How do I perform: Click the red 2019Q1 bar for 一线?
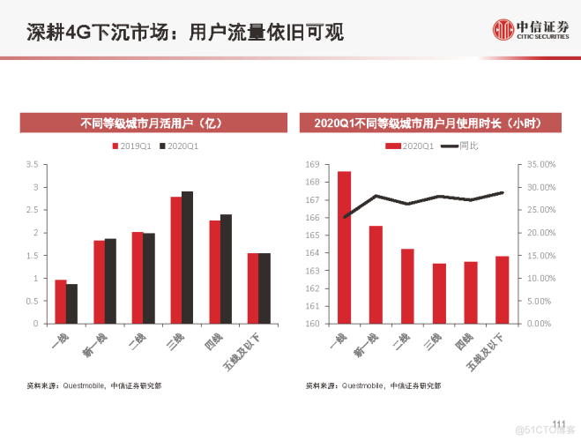pyautogui.click(x=61, y=301)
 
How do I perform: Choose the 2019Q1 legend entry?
pyautogui.click(x=130, y=146)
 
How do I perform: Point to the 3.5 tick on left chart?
pyautogui.click(x=33, y=165)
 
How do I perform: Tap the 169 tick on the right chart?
pyautogui.click(x=311, y=165)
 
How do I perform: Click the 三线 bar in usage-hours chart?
pyautogui.click(x=439, y=293)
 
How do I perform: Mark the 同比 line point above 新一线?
pyautogui.click(x=376, y=196)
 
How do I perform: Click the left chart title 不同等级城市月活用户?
pyautogui.click(x=154, y=123)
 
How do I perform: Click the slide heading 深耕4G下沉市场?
pyautogui.click(x=172, y=33)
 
